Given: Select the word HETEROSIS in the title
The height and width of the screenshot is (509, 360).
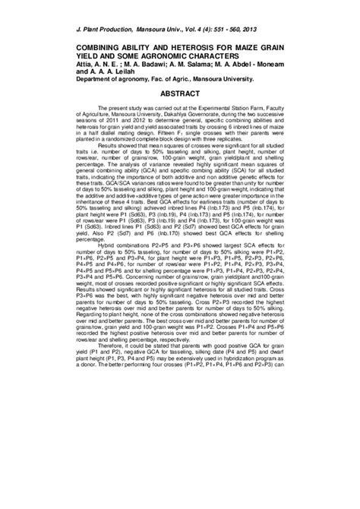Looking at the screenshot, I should click(200, 47).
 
